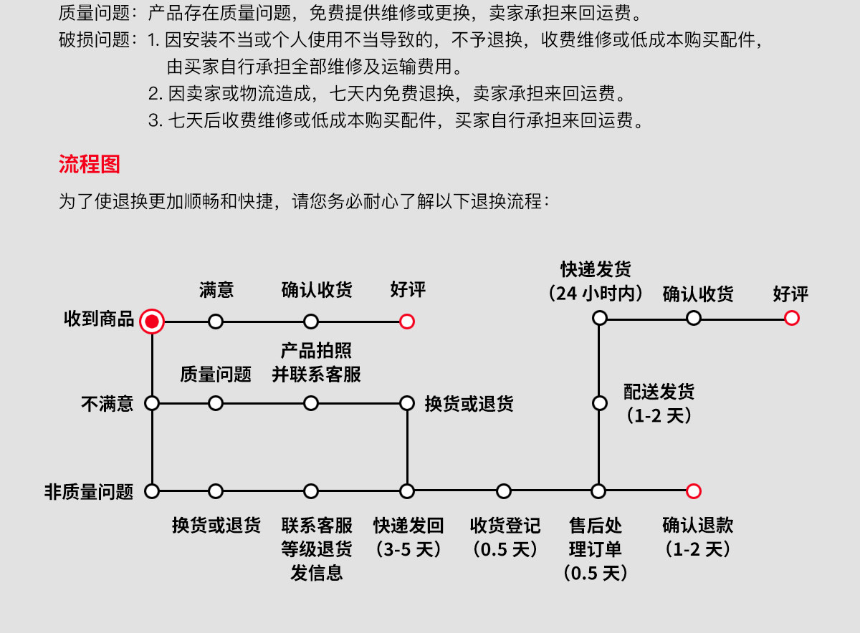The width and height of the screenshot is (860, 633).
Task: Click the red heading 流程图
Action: (89, 164)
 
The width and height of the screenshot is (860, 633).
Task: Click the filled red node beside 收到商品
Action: (151, 322)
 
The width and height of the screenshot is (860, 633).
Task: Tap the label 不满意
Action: (107, 404)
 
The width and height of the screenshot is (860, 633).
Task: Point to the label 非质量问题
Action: (89, 492)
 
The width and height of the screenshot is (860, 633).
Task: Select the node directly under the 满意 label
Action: (216, 322)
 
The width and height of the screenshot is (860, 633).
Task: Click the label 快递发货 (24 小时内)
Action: (596, 281)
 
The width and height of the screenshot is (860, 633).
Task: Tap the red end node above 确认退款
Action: (693, 491)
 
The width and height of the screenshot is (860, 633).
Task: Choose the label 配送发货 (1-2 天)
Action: (659, 403)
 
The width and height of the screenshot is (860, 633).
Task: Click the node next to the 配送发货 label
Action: (599, 403)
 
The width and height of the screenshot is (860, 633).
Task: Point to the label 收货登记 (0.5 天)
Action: (505, 537)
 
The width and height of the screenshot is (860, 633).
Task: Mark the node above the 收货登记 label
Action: (504, 491)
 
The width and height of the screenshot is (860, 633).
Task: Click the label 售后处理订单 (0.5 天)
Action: (596, 549)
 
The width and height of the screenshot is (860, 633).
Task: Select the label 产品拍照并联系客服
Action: (316, 362)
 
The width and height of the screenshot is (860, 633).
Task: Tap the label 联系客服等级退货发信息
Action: (317, 549)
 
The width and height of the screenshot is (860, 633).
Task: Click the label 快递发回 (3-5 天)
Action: (408, 537)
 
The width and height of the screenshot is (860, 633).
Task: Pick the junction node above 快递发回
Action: (407, 491)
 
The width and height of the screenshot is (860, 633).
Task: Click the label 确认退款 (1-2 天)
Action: (698, 537)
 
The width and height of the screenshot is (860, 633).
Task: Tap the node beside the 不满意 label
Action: (152, 403)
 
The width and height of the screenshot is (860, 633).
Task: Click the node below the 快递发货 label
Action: (599, 318)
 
